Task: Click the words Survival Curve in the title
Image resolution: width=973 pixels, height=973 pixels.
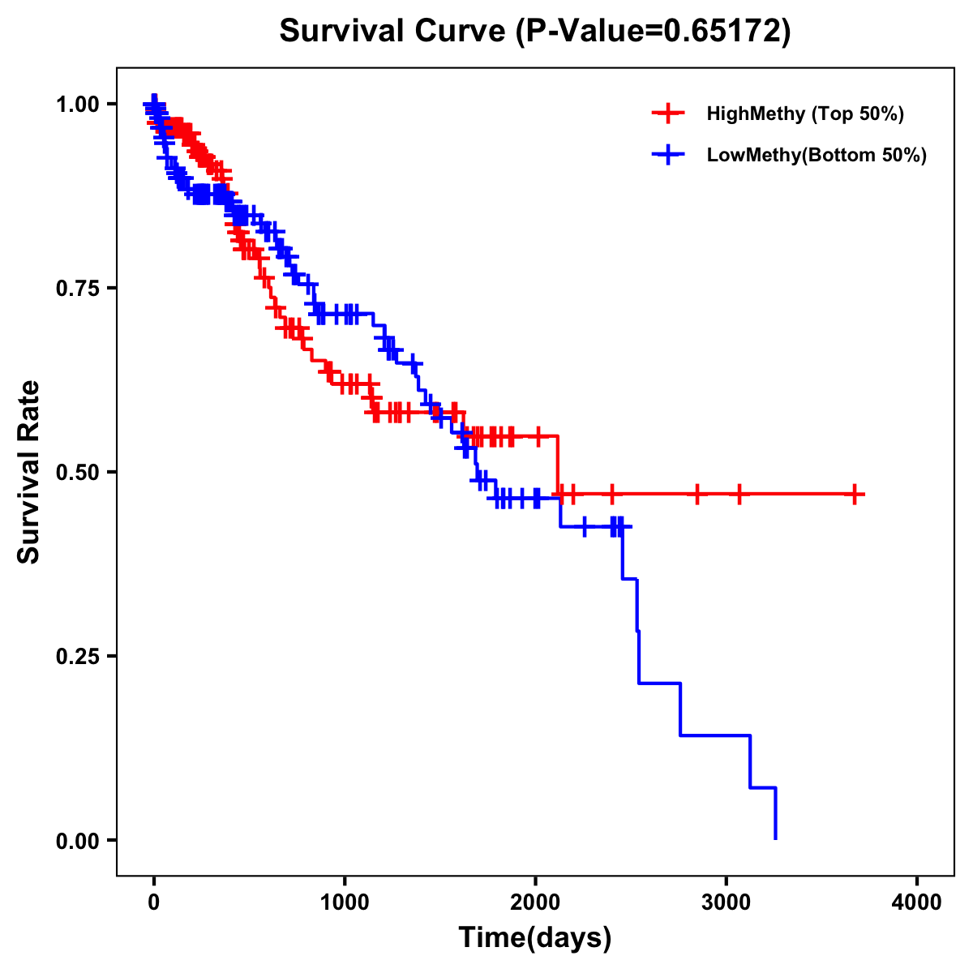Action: (394, 32)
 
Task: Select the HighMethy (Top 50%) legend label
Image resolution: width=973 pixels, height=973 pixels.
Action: (805, 114)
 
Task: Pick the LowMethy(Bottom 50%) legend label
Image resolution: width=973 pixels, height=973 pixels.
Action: (817, 155)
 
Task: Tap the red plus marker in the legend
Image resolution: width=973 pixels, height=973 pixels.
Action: (668, 114)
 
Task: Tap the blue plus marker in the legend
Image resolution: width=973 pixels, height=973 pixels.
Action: (668, 155)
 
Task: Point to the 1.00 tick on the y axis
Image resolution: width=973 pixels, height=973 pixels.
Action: (78, 104)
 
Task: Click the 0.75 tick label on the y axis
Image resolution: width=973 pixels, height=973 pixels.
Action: (78, 288)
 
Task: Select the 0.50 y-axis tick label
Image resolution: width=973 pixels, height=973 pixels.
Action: (78, 472)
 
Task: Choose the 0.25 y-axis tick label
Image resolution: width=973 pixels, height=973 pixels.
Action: (78, 656)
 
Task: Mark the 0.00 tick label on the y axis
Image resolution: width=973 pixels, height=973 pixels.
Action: (78, 840)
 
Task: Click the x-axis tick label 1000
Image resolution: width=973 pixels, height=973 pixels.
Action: (345, 902)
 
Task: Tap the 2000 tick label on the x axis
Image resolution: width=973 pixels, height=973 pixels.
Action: (535, 902)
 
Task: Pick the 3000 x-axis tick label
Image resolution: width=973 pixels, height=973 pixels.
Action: (727, 902)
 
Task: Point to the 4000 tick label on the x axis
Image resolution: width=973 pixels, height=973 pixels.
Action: (917, 902)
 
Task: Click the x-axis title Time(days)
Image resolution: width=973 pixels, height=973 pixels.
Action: (535, 938)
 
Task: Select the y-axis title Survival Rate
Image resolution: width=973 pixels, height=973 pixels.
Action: (29, 472)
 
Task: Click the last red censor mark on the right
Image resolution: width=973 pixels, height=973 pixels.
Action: (855, 494)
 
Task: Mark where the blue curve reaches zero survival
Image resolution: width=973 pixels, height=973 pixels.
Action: (776, 838)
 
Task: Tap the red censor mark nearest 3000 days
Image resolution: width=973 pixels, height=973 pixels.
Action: (739, 494)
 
